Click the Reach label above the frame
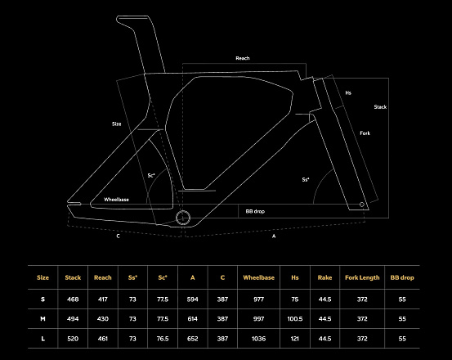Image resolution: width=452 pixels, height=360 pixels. (x=243, y=58)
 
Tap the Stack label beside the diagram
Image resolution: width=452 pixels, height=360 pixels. (x=380, y=107)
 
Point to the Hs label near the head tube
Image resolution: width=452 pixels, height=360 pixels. (x=348, y=93)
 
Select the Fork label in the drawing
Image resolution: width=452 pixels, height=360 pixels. (x=365, y=133)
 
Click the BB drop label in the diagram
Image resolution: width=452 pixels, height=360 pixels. (x=255, y=211)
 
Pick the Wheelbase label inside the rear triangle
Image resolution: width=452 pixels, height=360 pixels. (x=116, y=200)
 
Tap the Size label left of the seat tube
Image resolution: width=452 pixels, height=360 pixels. (x=116, y=124)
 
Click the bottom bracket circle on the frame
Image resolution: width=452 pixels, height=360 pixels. (x=183, y=218)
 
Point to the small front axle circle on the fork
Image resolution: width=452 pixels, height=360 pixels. (x=362, y=205)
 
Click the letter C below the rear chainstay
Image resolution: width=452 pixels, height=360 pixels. (x=118, y=236)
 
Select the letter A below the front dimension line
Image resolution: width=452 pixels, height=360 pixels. (x=274, y=236)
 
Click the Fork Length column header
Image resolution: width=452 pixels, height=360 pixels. (x=362, y=277)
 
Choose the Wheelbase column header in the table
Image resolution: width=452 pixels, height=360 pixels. (x=258, y=277)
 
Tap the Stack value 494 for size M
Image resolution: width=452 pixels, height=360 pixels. (x=73, y=319)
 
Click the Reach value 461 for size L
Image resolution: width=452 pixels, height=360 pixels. (x=103, y=339)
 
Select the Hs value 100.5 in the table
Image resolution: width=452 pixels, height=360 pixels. (x=295, y=319)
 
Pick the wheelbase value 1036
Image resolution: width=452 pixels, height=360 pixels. (x=258, y=339)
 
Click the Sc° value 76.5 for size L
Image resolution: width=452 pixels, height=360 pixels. (x=163, y=339)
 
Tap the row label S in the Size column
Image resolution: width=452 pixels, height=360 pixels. (x=43, y=299)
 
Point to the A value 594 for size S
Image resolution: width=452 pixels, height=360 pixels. (x=193, y=299)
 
